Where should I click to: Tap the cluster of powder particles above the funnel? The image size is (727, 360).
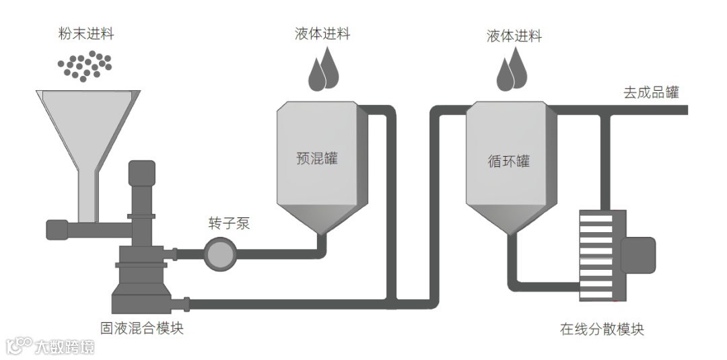coord(84,65)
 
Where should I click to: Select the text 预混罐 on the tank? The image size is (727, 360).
coord(317,159)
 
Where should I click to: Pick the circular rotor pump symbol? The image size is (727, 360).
coord(218,254)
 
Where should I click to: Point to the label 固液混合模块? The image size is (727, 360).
coord(141,328)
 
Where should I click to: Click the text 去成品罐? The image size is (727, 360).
coord(651,93)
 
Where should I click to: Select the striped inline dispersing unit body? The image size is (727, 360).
coord(596,256)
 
